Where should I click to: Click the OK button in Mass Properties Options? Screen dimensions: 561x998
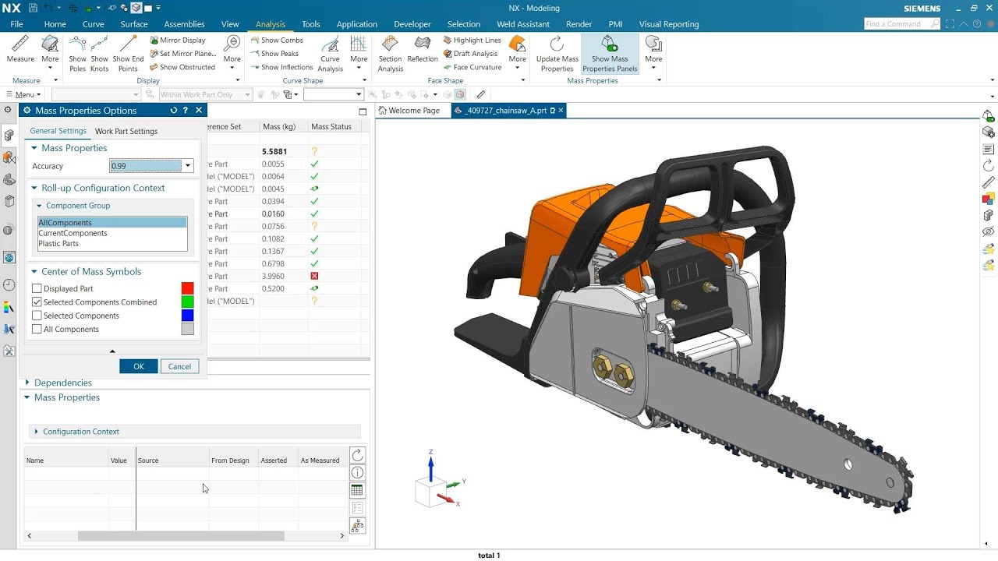[139, 366]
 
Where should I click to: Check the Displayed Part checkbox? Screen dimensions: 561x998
[37, 289]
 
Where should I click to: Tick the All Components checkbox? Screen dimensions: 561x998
[37, 330]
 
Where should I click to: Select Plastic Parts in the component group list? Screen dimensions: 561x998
[58, 244]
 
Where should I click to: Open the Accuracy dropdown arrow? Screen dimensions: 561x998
[188, 166]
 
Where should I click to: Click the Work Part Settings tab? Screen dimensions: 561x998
[126, 131]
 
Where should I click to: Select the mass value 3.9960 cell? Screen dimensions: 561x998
[273, 276]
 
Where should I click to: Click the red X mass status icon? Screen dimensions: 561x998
[314, 276]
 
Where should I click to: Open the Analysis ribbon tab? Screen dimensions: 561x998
[271, 24]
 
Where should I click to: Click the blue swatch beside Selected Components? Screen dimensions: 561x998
[187, 316]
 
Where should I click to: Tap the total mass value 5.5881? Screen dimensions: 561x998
[274, 151]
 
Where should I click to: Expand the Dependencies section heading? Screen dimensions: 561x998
[62, 383]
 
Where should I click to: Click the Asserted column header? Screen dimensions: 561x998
[274, 460]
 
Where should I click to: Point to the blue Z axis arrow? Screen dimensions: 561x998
[430, 465]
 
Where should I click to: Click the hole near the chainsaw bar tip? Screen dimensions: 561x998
[848, 465]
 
